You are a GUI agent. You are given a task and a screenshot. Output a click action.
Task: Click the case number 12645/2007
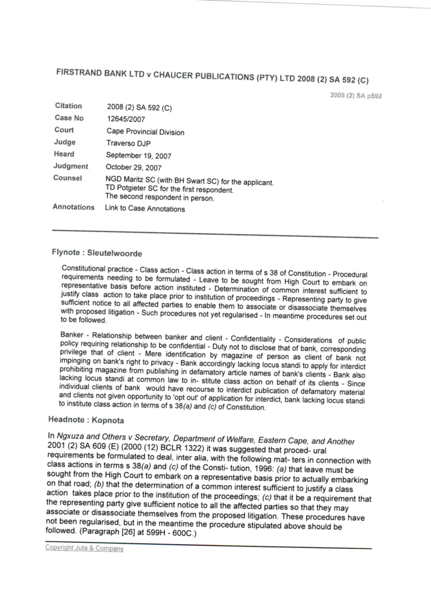(x=126, y=119)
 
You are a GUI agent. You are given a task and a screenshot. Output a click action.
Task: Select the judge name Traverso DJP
(x=128, y=143)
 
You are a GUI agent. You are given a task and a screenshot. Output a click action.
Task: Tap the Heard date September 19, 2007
(x=138, y=156)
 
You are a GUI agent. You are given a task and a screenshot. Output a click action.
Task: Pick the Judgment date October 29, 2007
(x=133, y=167)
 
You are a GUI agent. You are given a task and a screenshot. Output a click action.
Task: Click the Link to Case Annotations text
(x=145, y=209)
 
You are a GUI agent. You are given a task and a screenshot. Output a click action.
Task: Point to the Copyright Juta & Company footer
(x=84, y=549)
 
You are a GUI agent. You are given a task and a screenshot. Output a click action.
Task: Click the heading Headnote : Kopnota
(x=86, y=420)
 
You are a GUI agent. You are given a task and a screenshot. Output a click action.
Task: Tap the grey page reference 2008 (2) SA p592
(x=356, y=96)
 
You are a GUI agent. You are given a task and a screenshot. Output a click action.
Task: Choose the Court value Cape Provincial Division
(x=145, y=132)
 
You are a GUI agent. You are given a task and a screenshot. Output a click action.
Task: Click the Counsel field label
(x=67, y=178)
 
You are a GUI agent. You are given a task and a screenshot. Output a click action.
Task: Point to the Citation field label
(x=68, y=106)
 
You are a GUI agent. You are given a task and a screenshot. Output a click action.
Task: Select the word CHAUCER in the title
(x=174, y=76)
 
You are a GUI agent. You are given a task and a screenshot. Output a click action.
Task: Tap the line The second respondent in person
(x=159, y=197)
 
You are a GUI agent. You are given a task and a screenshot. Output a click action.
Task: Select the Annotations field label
(x=73, y=207)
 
